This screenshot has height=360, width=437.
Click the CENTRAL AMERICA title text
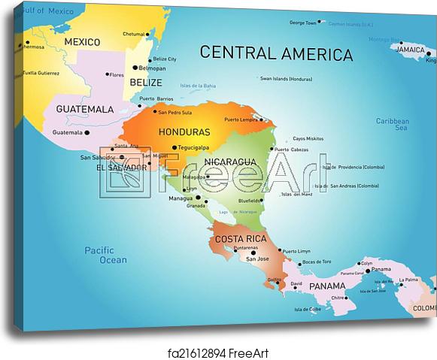pos(276,53)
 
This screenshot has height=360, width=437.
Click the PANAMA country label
pos(326,286)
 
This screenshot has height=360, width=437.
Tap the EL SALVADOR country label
pos(122,167)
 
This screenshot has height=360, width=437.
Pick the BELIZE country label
pos(145,82)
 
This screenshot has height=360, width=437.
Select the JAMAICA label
pos(411,50)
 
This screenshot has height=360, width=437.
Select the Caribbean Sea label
pos(392,125)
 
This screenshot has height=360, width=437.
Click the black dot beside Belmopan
pos(146,67)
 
